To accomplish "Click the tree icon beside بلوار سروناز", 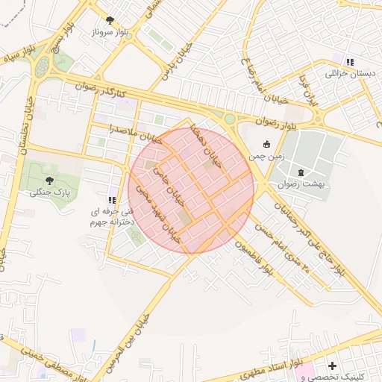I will (110, 20).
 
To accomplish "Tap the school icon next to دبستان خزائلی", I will (350, 62).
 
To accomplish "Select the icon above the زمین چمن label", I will (266, 143).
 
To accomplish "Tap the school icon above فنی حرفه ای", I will (112, 200).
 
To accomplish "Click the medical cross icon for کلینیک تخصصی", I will (332, 366).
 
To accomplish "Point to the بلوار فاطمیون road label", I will (251, 260).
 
